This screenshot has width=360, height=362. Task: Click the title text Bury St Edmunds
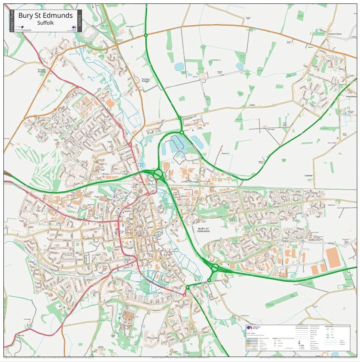[x=45, y=16]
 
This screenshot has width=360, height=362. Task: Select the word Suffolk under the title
[x=45, y=23]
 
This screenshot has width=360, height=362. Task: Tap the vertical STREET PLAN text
[x=12, y=21]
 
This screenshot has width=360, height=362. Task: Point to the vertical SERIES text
[x=79, y=21]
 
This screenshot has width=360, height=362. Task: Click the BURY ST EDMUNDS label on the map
[x=203, y=230]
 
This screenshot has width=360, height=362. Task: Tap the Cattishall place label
[x=309, y=175]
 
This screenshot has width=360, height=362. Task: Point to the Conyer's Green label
[x=334, y=34]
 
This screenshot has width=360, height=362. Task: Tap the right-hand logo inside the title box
[x=74, y=28]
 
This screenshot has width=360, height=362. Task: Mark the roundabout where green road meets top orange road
[x=146, y=35]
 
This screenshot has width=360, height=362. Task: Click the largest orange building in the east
[x=333, y=257]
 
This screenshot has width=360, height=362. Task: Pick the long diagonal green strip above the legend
[x=281, y=300]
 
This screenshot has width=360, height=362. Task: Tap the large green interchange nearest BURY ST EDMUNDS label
[x=215, y=267]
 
